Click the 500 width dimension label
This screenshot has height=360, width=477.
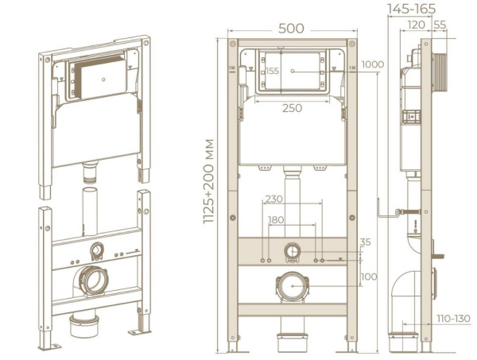click(291, 29)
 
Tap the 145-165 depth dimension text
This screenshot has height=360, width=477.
click(411, 9)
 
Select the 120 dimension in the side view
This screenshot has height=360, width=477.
click(416, 25)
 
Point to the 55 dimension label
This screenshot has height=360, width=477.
click(440, 25)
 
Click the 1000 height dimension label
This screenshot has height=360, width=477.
click(373, 64)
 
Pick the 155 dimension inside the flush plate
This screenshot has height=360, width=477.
click(272, 71)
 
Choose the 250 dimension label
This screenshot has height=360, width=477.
click(292, 108)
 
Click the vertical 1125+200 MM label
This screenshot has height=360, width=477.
click(209, 181)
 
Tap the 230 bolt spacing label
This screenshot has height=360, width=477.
click(273, 199)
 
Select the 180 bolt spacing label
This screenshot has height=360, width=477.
click(276, 219)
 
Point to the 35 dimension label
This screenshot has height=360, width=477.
click(366, 242)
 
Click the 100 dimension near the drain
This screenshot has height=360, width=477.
click(369, 277)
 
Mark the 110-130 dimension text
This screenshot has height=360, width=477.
click(454, 319)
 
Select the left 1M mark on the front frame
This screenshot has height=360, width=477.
click(232, 68)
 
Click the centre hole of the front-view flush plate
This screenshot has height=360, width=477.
click(293, 71)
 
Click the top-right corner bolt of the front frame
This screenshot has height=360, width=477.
click(352, 44)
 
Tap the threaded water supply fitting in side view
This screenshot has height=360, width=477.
click(408, 212)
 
